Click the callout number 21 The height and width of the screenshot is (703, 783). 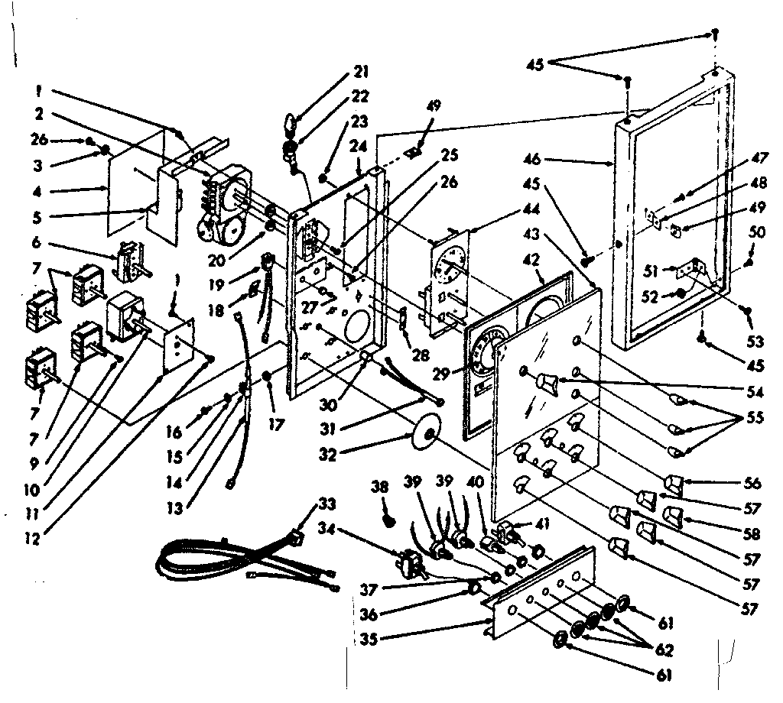point(360,73)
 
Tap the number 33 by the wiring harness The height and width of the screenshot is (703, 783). point(327,505)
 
